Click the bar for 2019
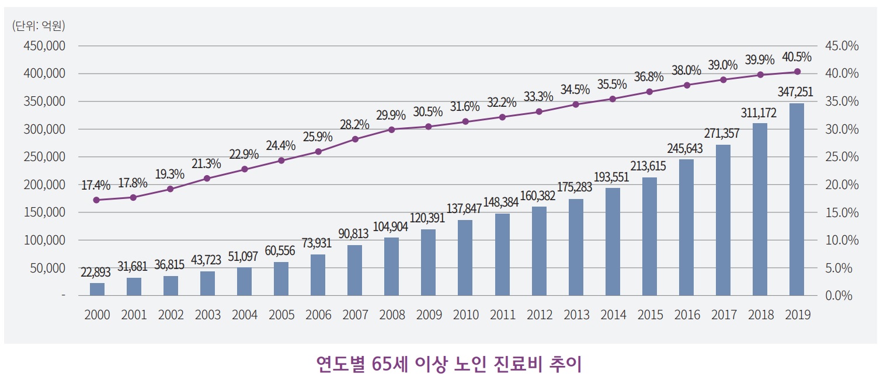(796, 200)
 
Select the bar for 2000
(97, 289)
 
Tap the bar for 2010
(465, 257)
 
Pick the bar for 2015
(649, 236)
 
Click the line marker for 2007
(355, 139)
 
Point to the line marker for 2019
(797, 72)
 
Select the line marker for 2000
(97, 200)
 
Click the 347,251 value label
(796, 92)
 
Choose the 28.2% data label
(355, 124)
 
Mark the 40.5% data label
(796, 57)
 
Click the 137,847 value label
(465, 209)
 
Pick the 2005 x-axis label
(281, 315)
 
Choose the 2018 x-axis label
(760, 315)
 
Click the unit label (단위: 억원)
(39, 25)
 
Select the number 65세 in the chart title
(389, 365)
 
